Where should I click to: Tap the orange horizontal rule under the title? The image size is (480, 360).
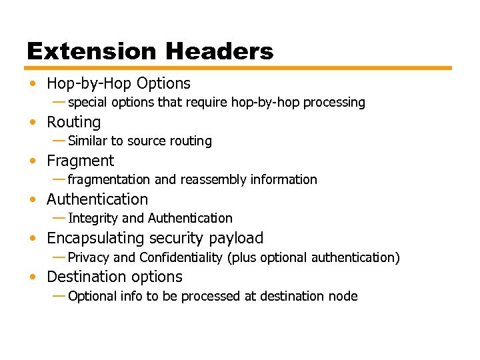click(x=239, y=68)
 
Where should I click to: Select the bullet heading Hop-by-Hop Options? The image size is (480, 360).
click(x=119, y=84)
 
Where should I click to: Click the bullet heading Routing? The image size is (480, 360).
click(x=73, y=123)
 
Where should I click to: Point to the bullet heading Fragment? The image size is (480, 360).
click(x=80, y=161)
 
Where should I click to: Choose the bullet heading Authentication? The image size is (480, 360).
click(x=97, y=199)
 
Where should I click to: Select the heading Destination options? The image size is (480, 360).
click(x=115, y=277)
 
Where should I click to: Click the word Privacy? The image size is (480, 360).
click(x=89, y=258)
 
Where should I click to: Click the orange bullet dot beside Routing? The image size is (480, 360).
click(x=33, y=123)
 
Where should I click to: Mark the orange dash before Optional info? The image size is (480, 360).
click(x=59, y=295)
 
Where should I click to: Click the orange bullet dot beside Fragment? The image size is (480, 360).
click(x=33, y=161)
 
